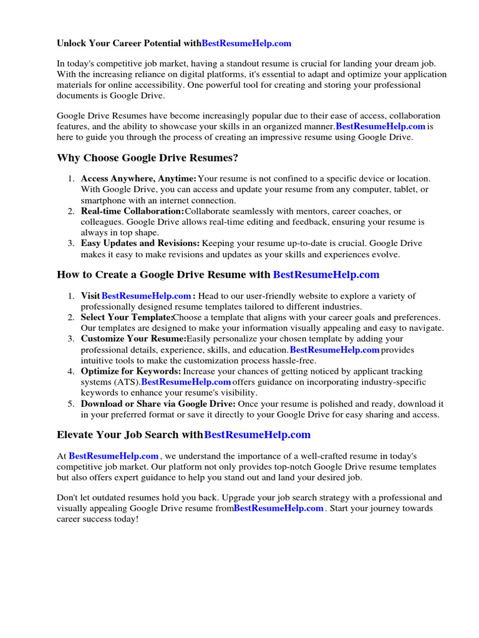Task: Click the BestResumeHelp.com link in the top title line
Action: click(246, 43)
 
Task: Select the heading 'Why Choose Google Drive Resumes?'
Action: click(147, 158)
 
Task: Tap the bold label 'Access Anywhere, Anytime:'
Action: click(138, 179)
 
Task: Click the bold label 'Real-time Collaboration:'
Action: click(132, 211)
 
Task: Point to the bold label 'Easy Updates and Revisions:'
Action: click(140, 244)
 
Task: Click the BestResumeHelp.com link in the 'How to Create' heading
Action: click(326, 275)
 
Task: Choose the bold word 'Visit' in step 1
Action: click(90, 296)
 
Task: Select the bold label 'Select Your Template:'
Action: click(127, 317)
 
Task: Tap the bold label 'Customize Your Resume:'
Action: click(133, 339)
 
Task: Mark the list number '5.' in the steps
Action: click(71, 404)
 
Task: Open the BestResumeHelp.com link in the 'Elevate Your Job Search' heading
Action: click(257, 435)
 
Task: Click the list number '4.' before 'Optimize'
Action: click(71, 371)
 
